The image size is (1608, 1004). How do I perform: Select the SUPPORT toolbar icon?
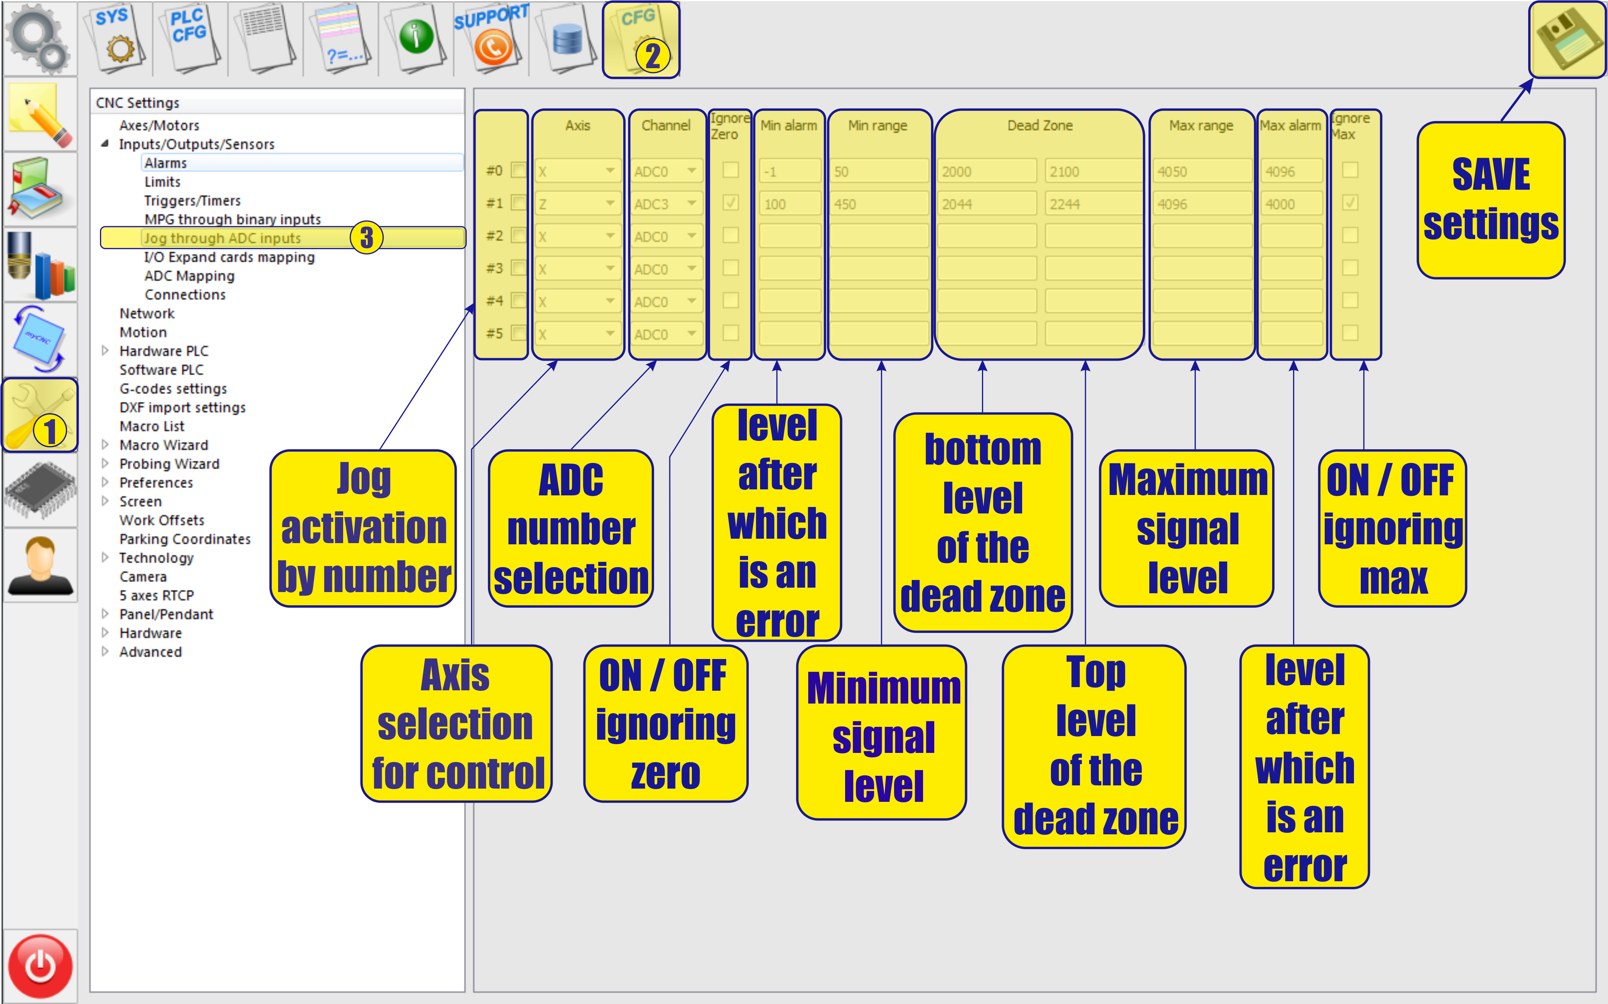[492, 39]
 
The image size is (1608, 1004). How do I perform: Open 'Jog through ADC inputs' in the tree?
[222, 238]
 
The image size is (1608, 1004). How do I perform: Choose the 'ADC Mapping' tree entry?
[189, 276]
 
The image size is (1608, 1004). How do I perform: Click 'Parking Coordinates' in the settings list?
[185, 539]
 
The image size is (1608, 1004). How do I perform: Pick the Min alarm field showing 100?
[789, 204]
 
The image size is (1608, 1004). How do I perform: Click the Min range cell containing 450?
[878, 204]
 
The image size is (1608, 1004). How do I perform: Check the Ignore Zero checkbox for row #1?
[731, 203]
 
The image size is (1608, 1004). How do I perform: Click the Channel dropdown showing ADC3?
[665, 204]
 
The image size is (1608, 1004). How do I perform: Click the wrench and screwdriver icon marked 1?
[40, 416]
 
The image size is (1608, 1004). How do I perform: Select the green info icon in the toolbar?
[417, 39]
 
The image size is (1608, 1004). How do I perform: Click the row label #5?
[494, 333]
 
